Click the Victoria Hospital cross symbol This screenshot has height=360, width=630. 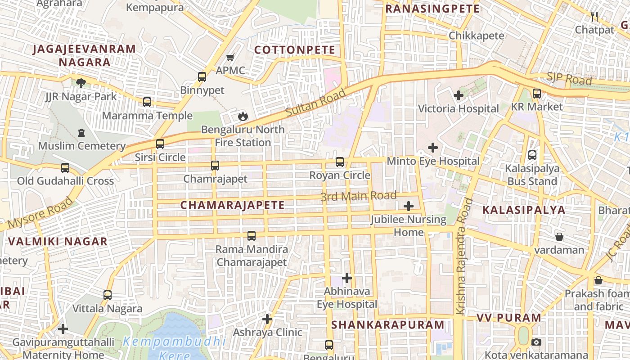click(x=459, y=95)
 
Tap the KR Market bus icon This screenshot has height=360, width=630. click(x=536, y=94)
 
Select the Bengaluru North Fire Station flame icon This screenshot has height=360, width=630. click(x=243, y=117)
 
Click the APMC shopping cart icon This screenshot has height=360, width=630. click(x=230, y=58)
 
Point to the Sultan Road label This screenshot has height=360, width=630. click(x=316, y=103)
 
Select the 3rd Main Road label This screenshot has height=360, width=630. click(x=358, y=196)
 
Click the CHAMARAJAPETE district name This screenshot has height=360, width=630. click(x=232, y=205)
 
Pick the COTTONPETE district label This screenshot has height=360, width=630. click(x=295, y=50)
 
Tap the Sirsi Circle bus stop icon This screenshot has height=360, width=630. click(x=160, y=144)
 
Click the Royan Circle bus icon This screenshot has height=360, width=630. click(x=340, y=162)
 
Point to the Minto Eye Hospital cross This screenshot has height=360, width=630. click(x=433, y=148)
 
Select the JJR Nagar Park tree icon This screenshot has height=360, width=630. click(x=81, y=83)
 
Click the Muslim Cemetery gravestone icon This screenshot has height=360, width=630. click(x=81, y=133)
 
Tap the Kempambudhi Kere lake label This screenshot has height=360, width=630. click(x=174, y=348)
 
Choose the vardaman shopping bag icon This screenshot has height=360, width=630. click(x=559, y=237)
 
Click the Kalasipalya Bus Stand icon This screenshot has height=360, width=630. click(x=532, y=155)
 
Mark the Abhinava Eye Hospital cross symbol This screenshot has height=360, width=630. click(x=346, y=278)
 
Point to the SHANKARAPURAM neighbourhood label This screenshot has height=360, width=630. click(x=388, y=325)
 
